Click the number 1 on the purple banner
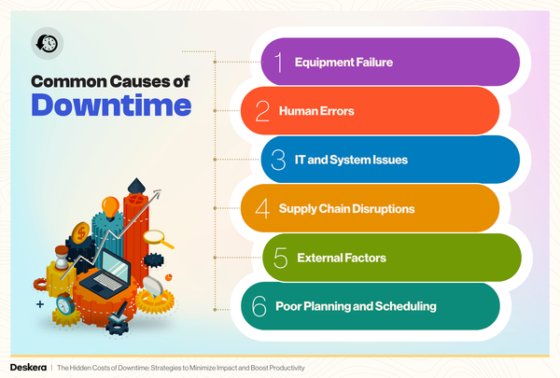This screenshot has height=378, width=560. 277,63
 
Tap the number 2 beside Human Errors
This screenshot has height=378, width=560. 262,112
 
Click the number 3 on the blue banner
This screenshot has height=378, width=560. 278,161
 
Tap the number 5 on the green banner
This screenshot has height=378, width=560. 278,257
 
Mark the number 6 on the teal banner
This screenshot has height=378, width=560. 261,305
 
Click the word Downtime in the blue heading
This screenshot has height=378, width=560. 105,105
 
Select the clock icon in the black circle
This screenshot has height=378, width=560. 46,43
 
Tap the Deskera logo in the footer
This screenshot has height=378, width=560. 27,368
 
